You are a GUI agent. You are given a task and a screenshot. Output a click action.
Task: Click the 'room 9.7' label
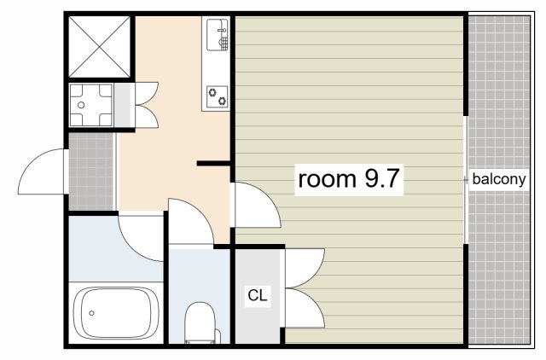pyautogui.click(x=349, y=179)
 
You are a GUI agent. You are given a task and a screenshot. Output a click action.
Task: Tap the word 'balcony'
pyautogui.click(x=498, y=179)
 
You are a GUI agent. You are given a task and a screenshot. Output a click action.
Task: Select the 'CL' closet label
pyautogui.click(x=258, y=295)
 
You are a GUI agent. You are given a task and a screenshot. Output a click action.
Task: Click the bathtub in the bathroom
pyautogui.click(x=116, y=313)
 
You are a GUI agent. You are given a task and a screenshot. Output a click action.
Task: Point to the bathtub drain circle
pyautogui.click(x=91, y=313)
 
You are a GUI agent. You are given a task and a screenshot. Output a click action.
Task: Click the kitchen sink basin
pyautogui.click(x=218, y=35)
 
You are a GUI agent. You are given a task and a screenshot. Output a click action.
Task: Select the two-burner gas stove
pyautogui.click(x=218, y=96)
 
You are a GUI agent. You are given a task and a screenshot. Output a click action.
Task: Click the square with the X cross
pyautogui.click(x=100, y=47)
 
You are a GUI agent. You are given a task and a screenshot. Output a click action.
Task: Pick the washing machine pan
pyautogui.click(x=91, y=105)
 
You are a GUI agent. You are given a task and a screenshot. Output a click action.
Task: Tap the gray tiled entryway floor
pyautogui.click(x=91, y=171)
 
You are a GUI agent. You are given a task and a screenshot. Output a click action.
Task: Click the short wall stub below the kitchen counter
pyautogui.click(x=213, y=163)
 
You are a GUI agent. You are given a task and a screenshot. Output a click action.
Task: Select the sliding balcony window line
pyautogui.click(x=466, y=180)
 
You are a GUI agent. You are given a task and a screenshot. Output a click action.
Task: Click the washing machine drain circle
pyautogui.click(x=81, y=105)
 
